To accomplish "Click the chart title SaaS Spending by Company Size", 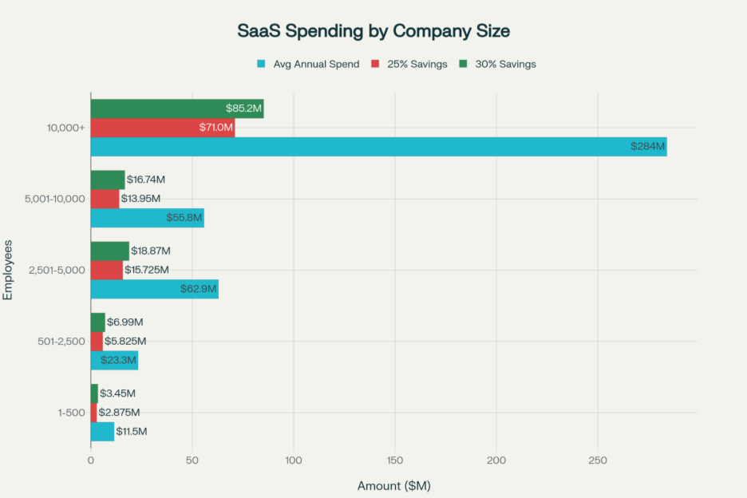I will (373, 31).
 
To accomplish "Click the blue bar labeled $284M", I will (378, 146).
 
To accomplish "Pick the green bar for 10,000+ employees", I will (176, 109).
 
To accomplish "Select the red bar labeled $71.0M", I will (162, 128).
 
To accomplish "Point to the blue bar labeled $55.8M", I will (147, 218).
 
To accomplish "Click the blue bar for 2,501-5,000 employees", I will (154, 289).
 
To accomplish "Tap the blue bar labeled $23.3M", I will (114, 360).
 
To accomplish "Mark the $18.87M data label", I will (151, 251).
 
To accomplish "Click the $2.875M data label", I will (119, 413).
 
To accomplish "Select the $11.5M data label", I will (132, 431).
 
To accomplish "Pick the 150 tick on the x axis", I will (395, 460).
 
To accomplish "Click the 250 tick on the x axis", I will (598, 460).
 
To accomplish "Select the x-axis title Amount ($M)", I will (393, 485).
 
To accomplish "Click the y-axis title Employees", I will (8, 270).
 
